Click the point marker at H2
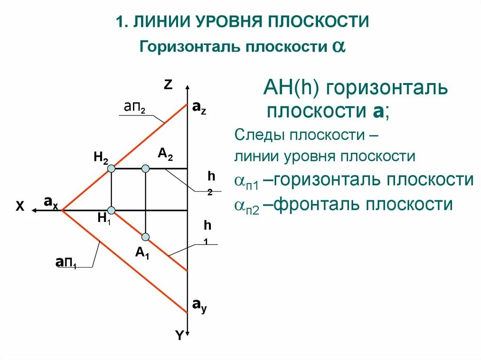[111, 168]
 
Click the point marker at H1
[111, 210]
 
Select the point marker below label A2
[146, 168]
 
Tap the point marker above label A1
[146, 237]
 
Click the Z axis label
[168, 84]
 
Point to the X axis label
[20, 207]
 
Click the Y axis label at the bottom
[179, 335]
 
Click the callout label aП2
[134, 107]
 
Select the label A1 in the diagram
[142, 253]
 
